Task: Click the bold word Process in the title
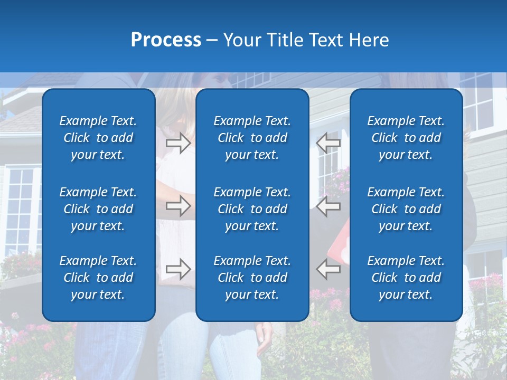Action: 166,40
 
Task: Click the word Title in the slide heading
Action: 286,40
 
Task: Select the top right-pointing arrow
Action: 179,142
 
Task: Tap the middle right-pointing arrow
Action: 179,206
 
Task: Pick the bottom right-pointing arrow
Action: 179,269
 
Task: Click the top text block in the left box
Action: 98,138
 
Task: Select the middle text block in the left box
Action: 98,209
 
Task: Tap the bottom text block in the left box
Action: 98,278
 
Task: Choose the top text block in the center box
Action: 252,138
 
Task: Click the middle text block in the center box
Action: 252,209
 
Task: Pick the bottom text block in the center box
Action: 252,278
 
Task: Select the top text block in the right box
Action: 406,138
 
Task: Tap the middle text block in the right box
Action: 406,209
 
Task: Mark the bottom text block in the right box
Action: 406,278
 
